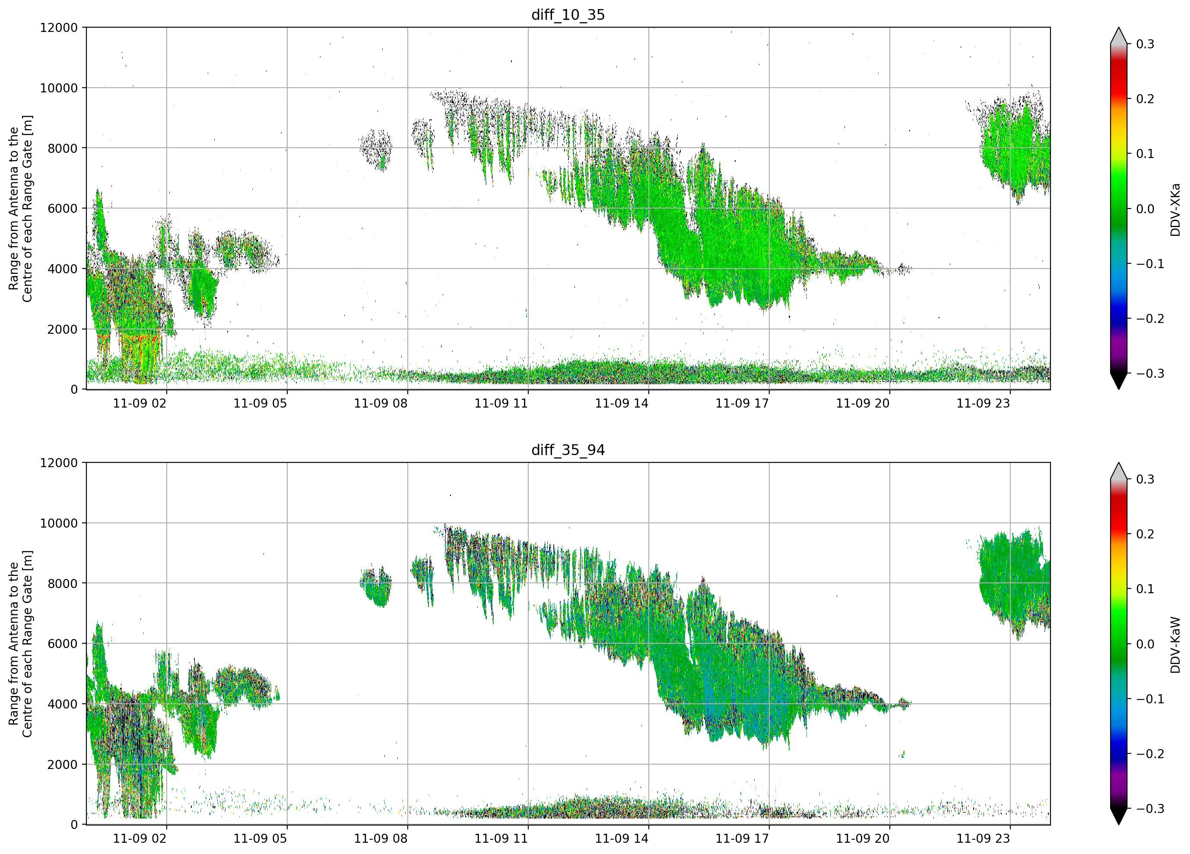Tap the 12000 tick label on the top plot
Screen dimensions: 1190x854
point(59,27)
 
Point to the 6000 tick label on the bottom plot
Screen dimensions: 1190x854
point(63,643)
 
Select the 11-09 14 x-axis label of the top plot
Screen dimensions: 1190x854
point(621,403)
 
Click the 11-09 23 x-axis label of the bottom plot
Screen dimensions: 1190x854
point(983,838)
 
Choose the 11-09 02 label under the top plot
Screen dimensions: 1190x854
point(140,403)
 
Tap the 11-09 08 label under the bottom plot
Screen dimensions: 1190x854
point(381,838)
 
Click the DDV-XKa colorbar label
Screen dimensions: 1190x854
point(1175,209)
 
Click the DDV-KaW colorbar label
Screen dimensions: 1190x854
point(1175,645)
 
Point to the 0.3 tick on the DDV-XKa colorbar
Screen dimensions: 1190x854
point(1146,44)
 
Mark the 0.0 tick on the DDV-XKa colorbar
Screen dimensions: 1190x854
point(1146,209)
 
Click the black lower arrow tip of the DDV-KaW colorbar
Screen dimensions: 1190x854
point(1119,825)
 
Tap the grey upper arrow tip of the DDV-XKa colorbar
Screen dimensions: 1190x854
point(1119,27)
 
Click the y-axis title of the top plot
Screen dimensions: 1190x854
point(20,208)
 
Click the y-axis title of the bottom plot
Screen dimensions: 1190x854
point(20,644)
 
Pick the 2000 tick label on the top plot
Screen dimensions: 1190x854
point(63,329)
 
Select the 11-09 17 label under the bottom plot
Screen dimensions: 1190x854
point(742,838)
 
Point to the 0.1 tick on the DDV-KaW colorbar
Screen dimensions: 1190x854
point(1146,589)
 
